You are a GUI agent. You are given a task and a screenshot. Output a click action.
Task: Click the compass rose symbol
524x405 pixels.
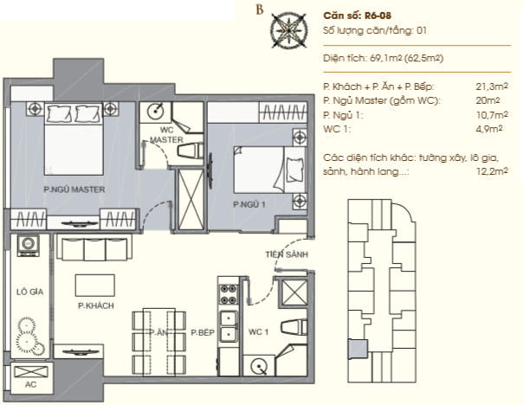pyautogui.click(x=288, y=30)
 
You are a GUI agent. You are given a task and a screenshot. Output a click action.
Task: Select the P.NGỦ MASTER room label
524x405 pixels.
pyautogui.click(x=74, y=190)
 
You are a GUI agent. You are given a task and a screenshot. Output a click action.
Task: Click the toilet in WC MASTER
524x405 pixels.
pyautogui.click(x=191, y=150)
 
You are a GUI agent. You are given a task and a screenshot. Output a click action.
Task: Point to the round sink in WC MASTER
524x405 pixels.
pyautogui.click(x=155, y=111)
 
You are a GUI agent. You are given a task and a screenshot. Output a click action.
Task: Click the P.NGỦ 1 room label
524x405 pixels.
pyautogui.click(x=249, y=204)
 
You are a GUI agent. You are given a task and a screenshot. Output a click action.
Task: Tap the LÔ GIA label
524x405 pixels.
pyautogui.click(x=30, y=292)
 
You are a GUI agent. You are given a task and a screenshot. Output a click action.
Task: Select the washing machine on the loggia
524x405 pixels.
pyautogui.click(x=29, y=246)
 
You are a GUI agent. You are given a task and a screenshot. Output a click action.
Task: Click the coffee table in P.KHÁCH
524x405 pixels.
pyautogui.click(x=95, y=286)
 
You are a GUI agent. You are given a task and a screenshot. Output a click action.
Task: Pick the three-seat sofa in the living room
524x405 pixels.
pyautogui.click(x=94, y=247)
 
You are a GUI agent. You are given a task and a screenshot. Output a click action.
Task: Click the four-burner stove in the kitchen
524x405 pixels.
pyautogui.click(x=229, y=294)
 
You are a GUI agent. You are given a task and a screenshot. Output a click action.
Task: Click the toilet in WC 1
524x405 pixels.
pyautogui.click(x=294, y=327)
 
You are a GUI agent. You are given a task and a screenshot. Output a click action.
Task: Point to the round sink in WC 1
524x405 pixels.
pyautogui.click(x=259, y=366)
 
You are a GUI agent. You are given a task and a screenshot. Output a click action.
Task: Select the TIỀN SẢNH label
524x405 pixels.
pyautogui.click(x=287, y=254)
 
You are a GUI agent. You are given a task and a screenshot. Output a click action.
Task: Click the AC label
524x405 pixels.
pyautogui.click(x=30, y=384)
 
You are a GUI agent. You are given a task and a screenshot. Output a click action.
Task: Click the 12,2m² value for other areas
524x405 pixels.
pyautogui.click(x=492, y=171)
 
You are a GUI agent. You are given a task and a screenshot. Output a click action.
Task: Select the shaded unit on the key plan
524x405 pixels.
pyautogui.click(x=358, y=349)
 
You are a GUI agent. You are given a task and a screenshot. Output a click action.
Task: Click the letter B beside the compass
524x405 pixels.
pyautogui.click(x=260, y=10)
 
